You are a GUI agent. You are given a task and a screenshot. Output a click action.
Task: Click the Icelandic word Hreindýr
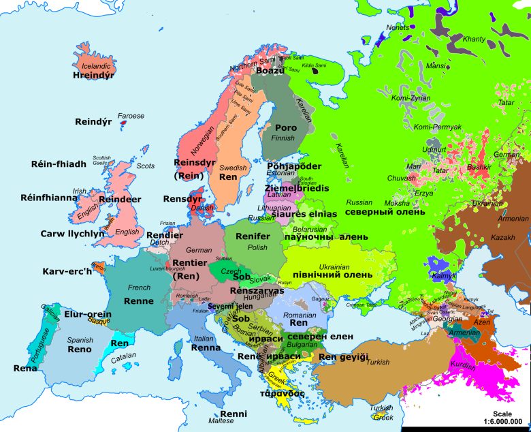tap(93, 76)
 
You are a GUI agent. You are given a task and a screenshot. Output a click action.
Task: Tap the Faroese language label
tap(131, 116)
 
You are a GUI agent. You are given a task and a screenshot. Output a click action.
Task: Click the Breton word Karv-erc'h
tap(67, 271)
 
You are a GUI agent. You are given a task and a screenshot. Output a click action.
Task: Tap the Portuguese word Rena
tap(25, 368)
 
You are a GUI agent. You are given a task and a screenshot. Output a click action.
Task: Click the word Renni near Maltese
tap(234, 413)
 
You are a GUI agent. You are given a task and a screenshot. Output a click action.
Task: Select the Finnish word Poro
tap(285, 127)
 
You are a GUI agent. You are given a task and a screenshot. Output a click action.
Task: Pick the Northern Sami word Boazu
tap(270, 70)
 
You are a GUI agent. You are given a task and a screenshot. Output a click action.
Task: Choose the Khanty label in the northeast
tap(474, 40)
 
